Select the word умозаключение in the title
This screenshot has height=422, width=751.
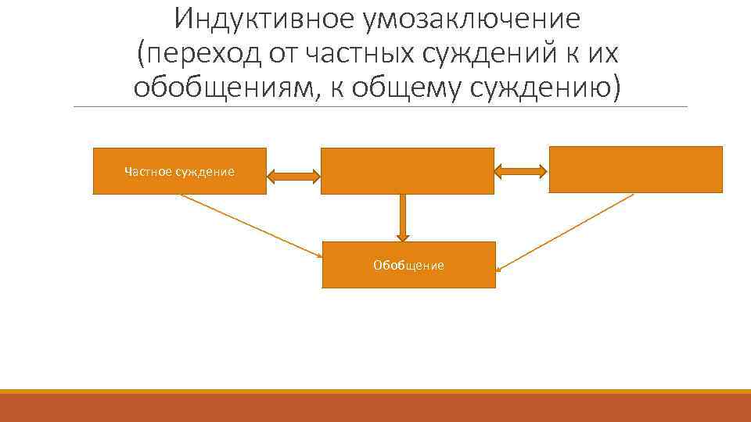click(472, 17)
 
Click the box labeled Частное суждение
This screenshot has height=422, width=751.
click(179, 171)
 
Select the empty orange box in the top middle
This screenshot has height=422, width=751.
click(408, 170)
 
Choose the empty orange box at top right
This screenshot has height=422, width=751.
click(635, 169)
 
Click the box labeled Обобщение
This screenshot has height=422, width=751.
click(408, 265)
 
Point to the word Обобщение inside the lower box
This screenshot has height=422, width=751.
click(408, 266)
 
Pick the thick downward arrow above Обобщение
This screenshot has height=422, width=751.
click(403, 217)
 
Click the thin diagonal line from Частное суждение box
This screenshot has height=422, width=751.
click(250, 226)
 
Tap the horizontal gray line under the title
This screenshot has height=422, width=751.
click(379, 107)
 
